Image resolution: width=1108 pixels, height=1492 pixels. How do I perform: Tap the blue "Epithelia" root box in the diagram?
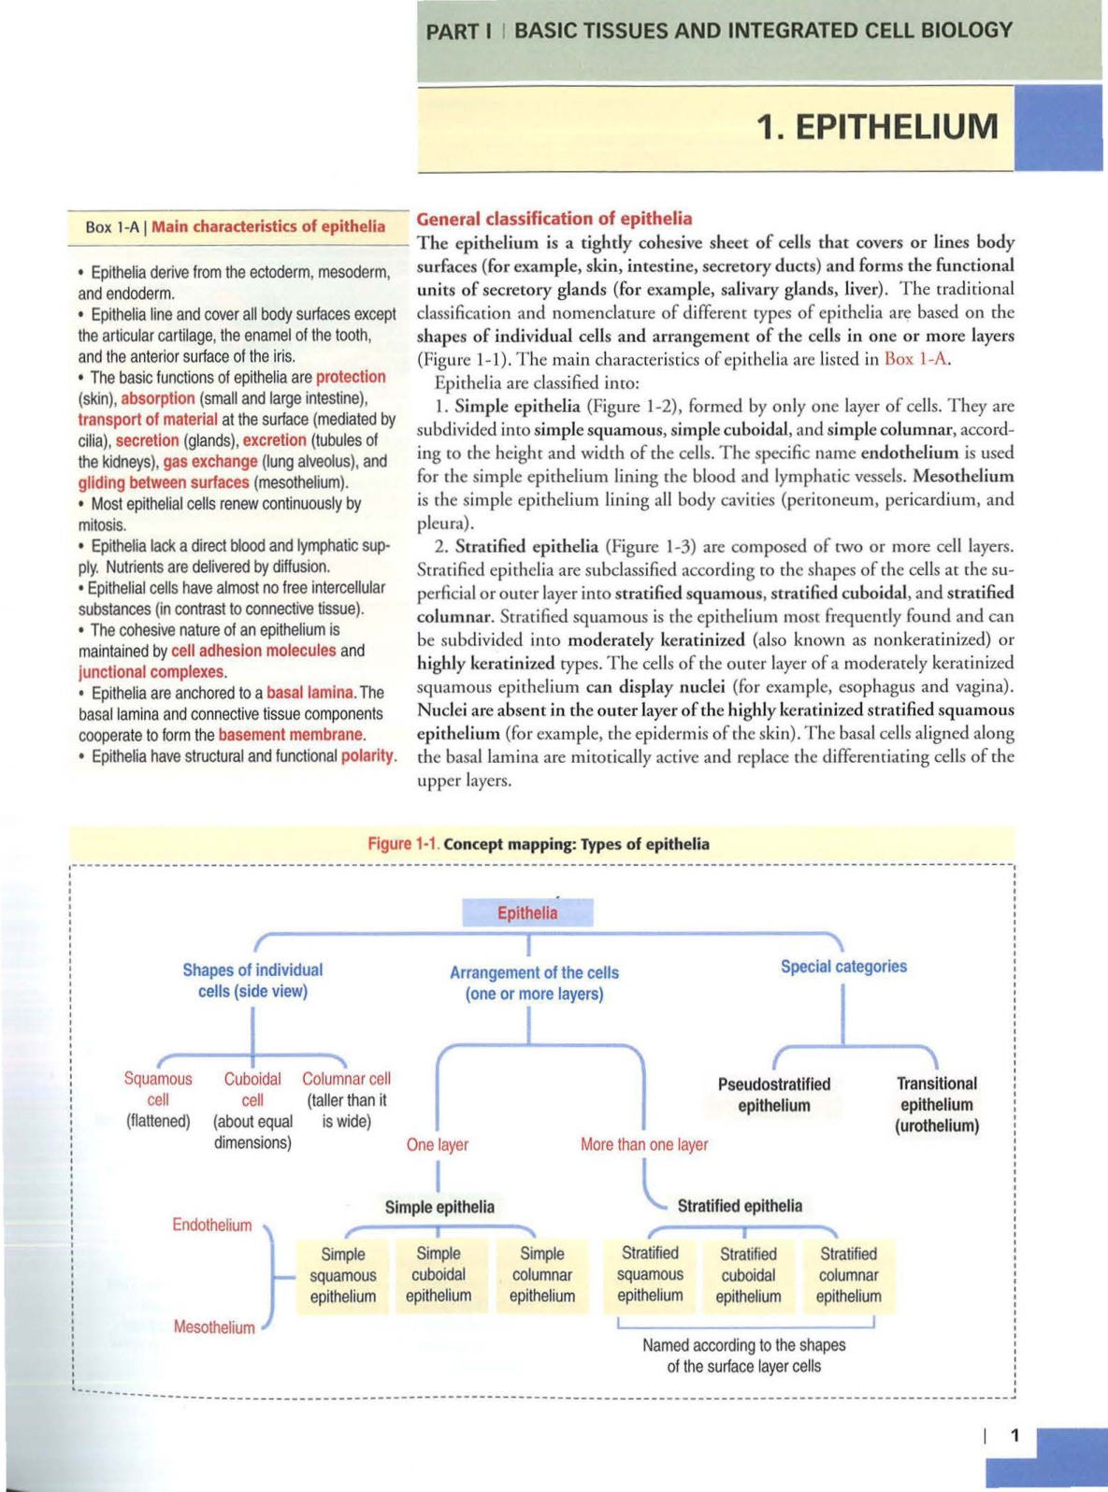527,913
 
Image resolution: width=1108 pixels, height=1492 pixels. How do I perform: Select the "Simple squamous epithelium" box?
342,1275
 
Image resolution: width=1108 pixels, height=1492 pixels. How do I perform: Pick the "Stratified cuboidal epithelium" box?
748,1275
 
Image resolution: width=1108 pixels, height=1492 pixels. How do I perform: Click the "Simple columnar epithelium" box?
542,1275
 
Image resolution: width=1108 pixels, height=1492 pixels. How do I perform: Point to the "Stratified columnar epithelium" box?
848,1275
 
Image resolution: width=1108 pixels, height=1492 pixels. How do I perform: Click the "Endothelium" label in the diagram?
212,1225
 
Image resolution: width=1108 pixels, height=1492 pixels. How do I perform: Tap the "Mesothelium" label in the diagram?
214,1327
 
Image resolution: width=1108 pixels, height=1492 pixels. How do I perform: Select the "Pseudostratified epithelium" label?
774,1095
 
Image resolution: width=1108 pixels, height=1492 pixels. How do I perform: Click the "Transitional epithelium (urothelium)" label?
937,1104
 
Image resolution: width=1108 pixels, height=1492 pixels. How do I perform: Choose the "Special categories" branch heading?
843,967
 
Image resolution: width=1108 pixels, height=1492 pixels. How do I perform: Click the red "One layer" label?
438,1144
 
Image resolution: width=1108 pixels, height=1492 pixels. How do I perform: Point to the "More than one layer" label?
644,1144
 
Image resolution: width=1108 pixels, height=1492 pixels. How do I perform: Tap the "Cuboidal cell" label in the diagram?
252,1089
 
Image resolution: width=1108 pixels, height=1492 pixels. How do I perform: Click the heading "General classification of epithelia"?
554,219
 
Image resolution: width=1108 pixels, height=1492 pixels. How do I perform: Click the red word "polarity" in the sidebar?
367,755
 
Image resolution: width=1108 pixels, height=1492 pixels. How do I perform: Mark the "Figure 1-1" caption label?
402,844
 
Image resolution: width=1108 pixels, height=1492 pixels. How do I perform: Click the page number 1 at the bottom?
1015,1436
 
